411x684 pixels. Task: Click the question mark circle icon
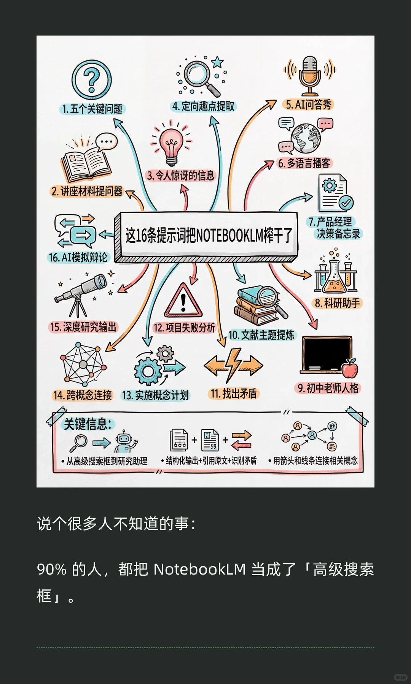(x=92, y=80)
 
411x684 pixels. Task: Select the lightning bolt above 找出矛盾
(x=233, y=365)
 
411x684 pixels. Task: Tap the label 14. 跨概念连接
(x=83, y=395)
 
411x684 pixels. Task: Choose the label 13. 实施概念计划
(x=155, y=395)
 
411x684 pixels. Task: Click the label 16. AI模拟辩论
(x=78, y=257)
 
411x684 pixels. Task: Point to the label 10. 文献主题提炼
(x=261, y=335)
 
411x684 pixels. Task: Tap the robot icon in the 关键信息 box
(x=124, y=442)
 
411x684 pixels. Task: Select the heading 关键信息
(x=88, y=424)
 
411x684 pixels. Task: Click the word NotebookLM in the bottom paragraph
(x=199, y=569)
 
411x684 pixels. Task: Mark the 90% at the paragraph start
(x=52, y=569)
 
